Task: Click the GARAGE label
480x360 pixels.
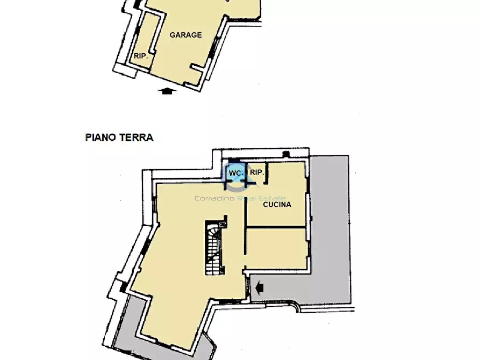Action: coord(185,35)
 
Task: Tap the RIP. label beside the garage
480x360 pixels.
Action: coord(141,55)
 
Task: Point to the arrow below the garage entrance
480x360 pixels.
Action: coord(168,91)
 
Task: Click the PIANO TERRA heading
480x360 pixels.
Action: coord(119,137)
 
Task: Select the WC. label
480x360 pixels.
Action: coord(235,173)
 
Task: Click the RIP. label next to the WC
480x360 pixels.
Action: coord(257,172)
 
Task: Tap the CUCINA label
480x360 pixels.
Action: coord(277,205)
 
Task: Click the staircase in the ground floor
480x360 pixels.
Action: coord(212,248)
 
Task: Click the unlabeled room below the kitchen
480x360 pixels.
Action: coord(276,248)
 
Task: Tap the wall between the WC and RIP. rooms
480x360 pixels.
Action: coord(247,173)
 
